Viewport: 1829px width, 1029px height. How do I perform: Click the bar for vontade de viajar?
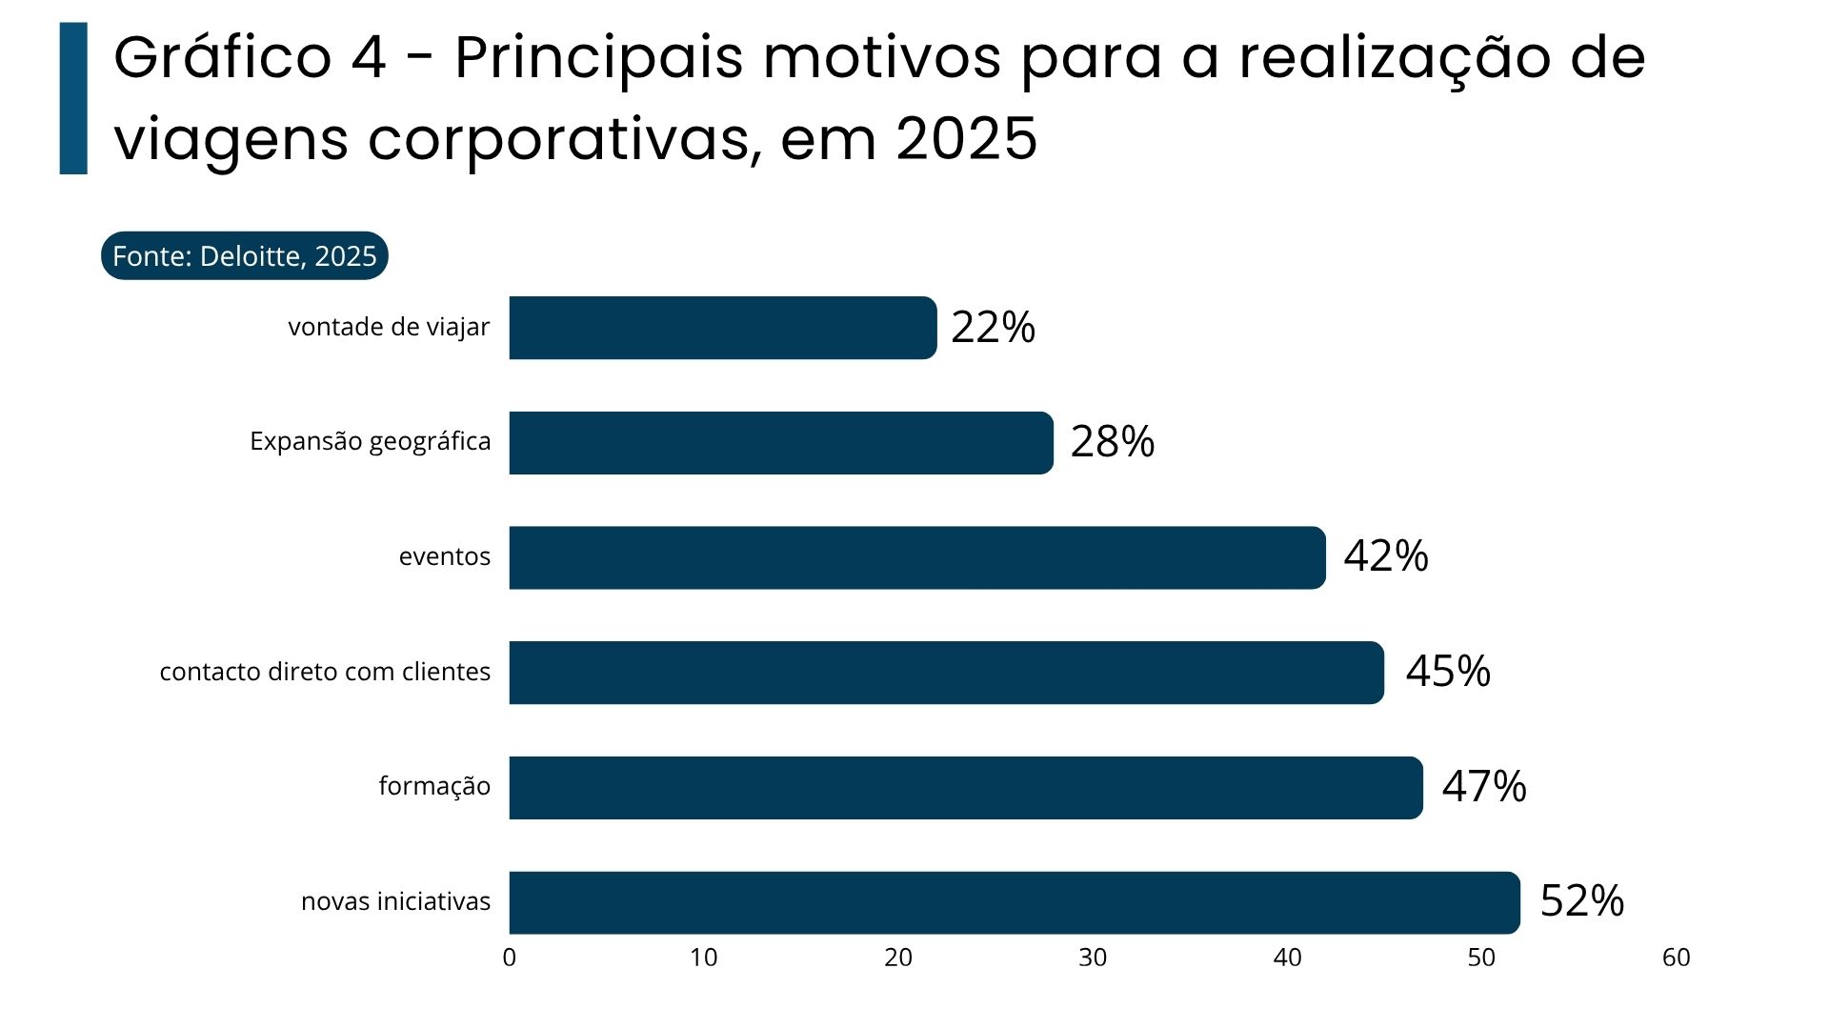tap(722, 328)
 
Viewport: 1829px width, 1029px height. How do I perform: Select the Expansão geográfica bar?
tap(781, 443)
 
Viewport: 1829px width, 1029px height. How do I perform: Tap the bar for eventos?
tap(916, 557)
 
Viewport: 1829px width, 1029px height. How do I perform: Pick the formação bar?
tap(965, 788)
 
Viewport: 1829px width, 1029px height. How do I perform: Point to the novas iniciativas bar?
tap(1014, 902)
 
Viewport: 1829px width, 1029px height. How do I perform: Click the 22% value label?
tap(993, 328)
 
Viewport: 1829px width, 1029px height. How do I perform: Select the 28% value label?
tap(1112, 442)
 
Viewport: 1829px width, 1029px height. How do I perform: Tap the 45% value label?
tap(1447, 672)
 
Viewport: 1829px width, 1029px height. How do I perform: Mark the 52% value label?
tap(1581, 901)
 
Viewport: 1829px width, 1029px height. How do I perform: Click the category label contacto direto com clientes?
tap(325, 672)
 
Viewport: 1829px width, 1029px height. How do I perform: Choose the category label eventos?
tap(444, 556)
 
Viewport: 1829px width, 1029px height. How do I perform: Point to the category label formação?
tap(434, 786)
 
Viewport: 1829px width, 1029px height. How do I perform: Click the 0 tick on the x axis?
tap(510, 958)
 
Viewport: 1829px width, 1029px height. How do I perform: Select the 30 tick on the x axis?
tap(1093, 958)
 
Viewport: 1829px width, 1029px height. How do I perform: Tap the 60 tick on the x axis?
tap(1676, 958)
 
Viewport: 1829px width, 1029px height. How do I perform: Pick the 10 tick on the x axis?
tap(704, 958)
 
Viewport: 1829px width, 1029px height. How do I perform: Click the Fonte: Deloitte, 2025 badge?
tap(245, 256)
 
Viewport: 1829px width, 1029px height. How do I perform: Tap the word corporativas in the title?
tap(562, 139)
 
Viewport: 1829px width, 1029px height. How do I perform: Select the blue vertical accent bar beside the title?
tap(73, 98)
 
